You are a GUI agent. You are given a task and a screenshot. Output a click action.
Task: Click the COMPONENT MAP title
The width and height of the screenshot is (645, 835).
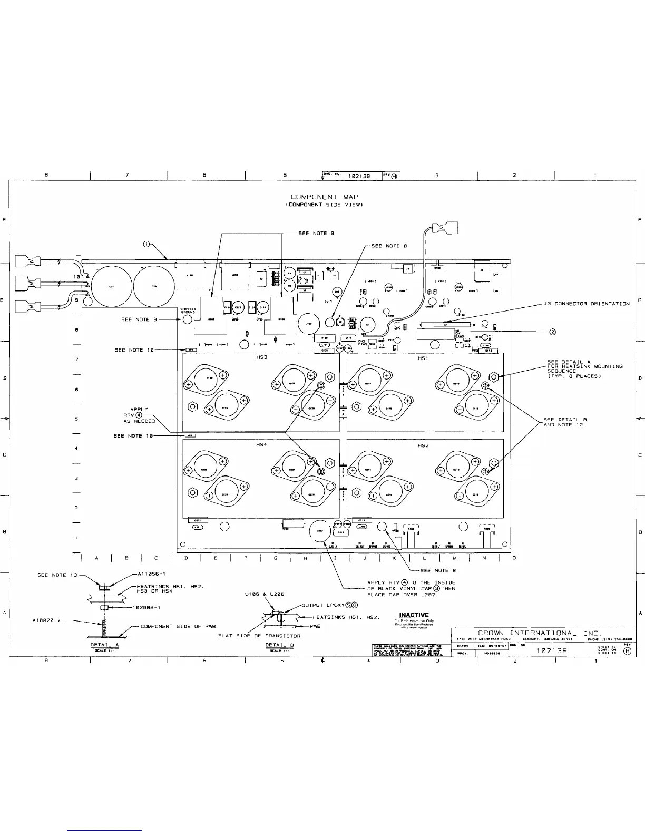325,197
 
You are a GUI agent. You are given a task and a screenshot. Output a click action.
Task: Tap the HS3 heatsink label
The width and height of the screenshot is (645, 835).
262,358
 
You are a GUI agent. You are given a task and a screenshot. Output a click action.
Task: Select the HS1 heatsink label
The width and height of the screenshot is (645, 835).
423,358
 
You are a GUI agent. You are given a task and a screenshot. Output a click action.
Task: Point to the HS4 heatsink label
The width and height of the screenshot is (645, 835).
261,445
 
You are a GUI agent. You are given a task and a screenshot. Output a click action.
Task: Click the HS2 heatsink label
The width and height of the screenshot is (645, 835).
423,445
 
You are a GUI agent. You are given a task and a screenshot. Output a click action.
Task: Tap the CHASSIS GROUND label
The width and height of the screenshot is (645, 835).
188,310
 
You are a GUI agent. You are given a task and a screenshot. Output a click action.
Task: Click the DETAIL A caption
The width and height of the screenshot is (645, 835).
105,645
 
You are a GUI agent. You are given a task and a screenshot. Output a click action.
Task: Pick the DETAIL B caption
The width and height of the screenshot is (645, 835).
279,645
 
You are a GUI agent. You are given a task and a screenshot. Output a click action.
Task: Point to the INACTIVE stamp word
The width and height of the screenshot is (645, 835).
414,615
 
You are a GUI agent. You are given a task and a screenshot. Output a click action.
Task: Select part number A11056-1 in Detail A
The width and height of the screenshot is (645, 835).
152,574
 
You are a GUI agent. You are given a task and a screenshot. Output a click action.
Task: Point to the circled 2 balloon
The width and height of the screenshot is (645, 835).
553,332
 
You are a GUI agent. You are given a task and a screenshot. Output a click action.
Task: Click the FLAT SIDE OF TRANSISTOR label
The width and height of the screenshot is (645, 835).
259,636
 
